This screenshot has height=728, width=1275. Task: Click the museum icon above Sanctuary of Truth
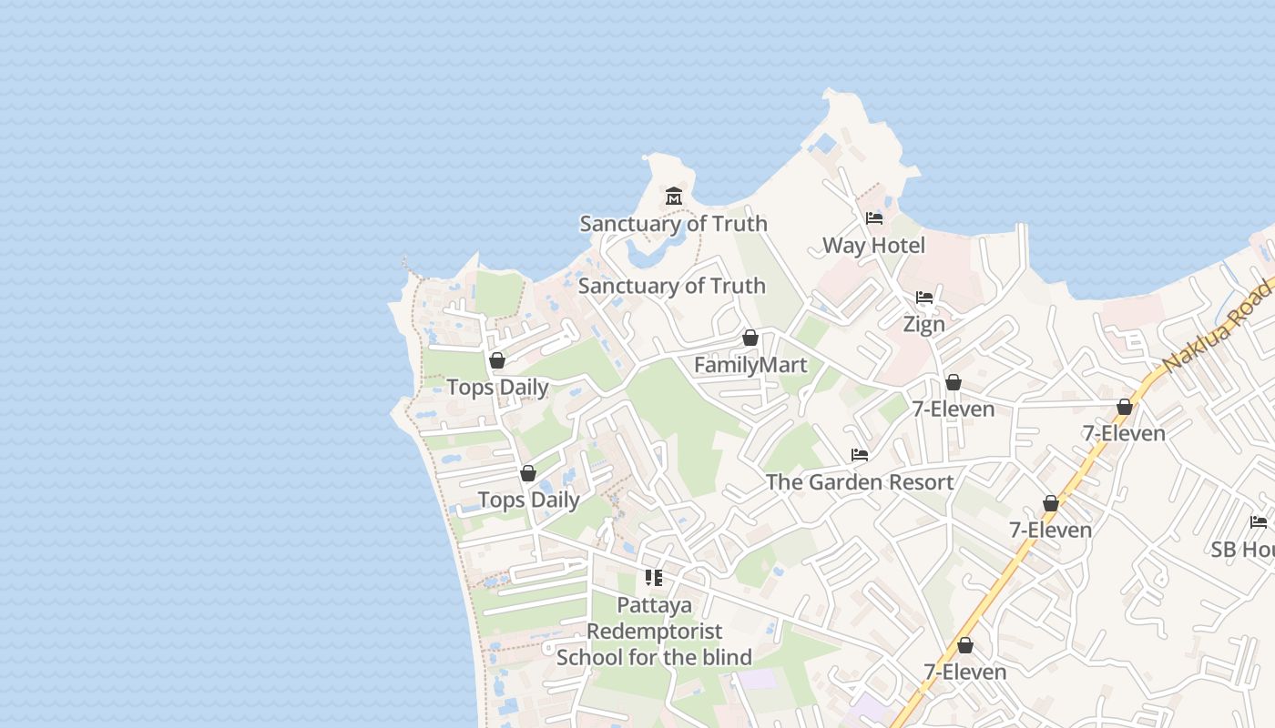(x=674, y=196)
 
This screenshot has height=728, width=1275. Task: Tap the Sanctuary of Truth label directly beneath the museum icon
(x=673, y=224)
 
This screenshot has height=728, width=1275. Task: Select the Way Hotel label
(x=873, y=246)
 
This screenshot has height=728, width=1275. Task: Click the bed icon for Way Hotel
(x=874, y=218)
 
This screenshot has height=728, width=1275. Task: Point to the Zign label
(x=923, y=324)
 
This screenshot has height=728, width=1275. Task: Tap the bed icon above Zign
(x=924, y=298)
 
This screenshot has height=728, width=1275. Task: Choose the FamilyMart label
(x=750, y=366)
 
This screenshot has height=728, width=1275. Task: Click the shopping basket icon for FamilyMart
(x=750, y=338)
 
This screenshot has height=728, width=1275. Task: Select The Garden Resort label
(x=860, y=482)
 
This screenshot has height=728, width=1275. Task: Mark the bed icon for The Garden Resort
(x=860, y=455)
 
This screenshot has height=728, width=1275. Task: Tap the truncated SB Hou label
(x=1242, y=550)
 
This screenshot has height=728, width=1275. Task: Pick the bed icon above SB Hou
(x=1259, y=522)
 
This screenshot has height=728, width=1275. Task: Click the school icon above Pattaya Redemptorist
(x=654, y=578)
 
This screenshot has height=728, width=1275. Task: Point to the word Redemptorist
(x=654, y=632)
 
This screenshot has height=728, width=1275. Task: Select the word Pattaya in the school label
(x=654, y=605)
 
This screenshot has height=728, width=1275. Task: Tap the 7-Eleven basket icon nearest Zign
(x=954, y=382)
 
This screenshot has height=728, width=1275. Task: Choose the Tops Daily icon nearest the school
(x=528, y=473)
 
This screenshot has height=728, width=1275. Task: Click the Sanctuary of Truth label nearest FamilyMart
(x=672, y=286)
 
